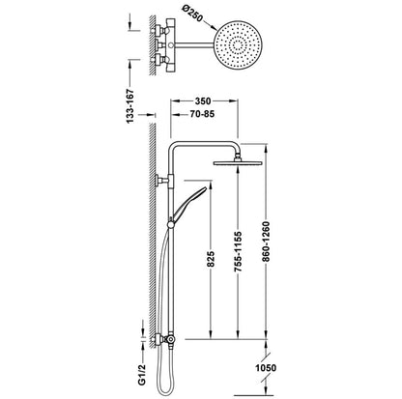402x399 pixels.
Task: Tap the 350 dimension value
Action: point(202,99)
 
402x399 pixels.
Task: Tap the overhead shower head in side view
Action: point(236,162)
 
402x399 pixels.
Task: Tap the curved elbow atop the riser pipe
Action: point(175,146)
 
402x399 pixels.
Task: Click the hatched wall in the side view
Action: point(149,242)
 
